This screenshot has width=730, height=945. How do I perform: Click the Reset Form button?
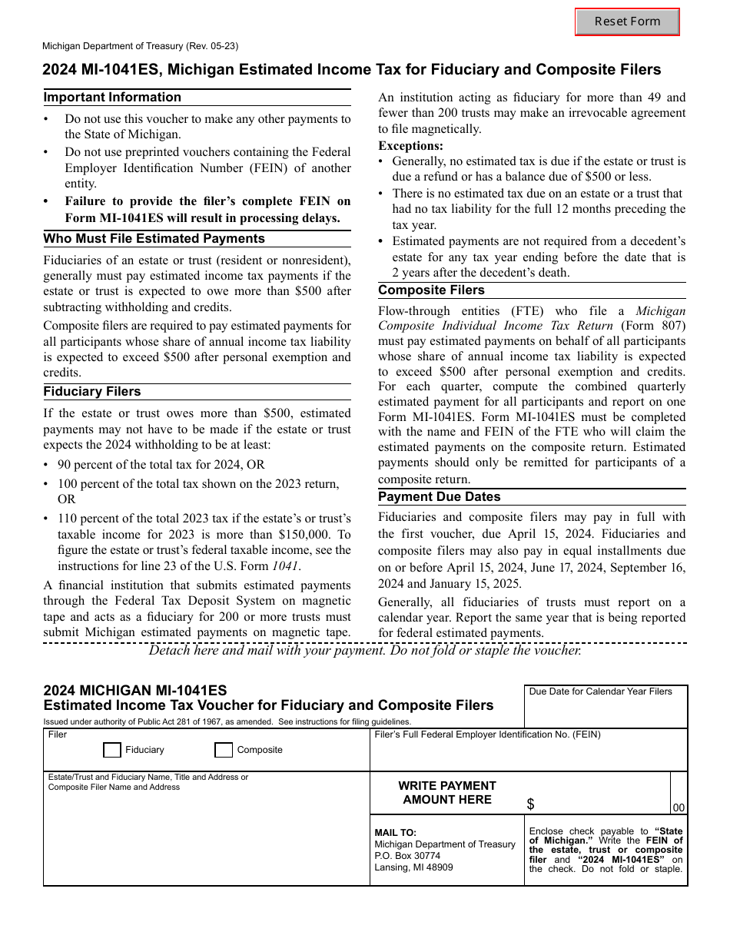(x=627, y=22)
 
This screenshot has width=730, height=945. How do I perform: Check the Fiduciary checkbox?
(x=112, y=750)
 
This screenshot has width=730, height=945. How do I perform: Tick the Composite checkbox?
(x=224, y=750)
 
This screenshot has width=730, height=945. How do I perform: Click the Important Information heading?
(x=112, y=98)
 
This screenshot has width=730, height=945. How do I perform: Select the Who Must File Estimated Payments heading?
(x=154, y=239)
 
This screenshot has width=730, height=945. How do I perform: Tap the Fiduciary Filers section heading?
(x=92, y=392)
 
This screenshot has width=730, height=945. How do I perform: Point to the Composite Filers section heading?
(x=431, y=290)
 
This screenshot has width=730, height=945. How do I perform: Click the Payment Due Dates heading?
(x=439, y=497)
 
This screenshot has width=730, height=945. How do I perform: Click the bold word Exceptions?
(x=410, y=146)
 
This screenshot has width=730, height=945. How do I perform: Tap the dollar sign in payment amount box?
(x=531, y=804)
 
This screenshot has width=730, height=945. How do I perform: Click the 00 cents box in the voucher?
(x=679, y=807)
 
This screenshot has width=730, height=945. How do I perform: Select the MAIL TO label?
(x=395, y=832)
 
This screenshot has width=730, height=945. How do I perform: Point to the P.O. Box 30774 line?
(x=407, y=856)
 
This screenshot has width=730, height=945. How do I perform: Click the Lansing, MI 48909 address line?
(x=413, y=867)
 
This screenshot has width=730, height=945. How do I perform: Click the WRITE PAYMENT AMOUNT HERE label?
(x=446, y=793)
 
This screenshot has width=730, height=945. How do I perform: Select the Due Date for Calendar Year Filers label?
(x=600, y=691)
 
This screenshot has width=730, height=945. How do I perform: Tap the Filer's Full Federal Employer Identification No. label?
(x=487, y=734)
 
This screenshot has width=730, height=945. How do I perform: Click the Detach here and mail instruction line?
(x=365, y=650)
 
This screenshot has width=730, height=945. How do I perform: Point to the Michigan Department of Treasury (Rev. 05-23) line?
(x=140, y=46)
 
